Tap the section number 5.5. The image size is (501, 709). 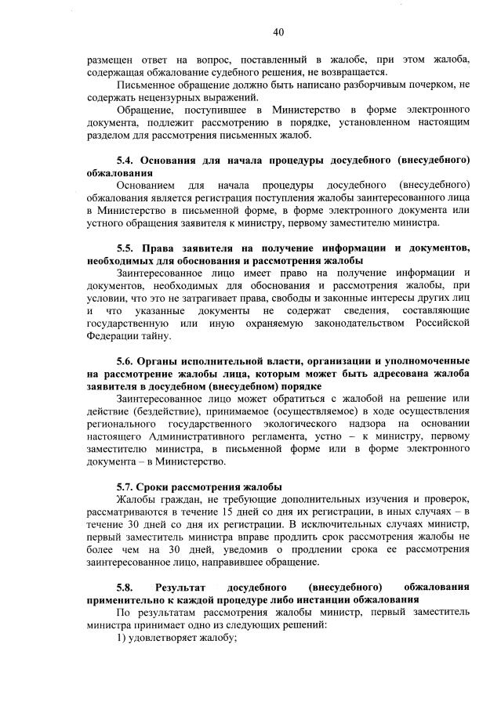point(126,248)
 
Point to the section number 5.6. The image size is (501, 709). point(126,361)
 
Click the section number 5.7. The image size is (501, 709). point(126,487)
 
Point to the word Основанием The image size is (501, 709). point(148,185)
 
